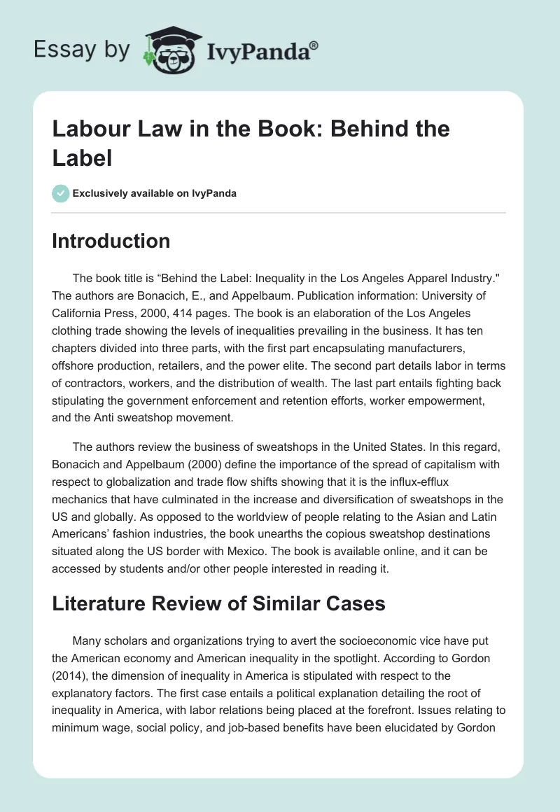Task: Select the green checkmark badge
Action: (61, 193)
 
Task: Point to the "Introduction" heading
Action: (111, 241)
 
